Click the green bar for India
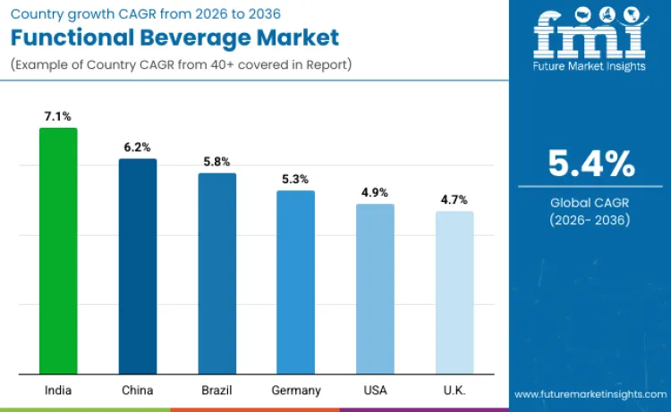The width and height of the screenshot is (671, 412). coord(58,250)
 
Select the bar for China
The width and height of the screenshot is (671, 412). coord(138,265)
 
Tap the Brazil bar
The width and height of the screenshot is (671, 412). coord(217,273)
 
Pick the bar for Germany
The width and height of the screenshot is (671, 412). coord(295,282)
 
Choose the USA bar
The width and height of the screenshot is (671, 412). coord(375,288)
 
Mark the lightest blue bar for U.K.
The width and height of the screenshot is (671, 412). coord(454,291)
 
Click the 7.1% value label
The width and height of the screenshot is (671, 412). coord(58,116)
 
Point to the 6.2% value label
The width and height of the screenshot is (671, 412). coord(138,147)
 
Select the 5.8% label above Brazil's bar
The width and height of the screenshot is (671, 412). coord(217,162)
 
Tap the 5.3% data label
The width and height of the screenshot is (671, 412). coord(295,179)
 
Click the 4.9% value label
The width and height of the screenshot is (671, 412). coord(375,192)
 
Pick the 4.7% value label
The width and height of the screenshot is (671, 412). coord(454,199)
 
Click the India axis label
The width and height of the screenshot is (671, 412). coord(58,390)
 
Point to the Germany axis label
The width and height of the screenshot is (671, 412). coord(295,390)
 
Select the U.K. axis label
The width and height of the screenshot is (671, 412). coord(454,390)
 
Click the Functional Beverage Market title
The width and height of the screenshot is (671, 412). coord(174,38)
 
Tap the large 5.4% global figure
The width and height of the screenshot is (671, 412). coord(590,164)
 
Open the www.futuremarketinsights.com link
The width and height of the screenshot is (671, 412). coord(590,394)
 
